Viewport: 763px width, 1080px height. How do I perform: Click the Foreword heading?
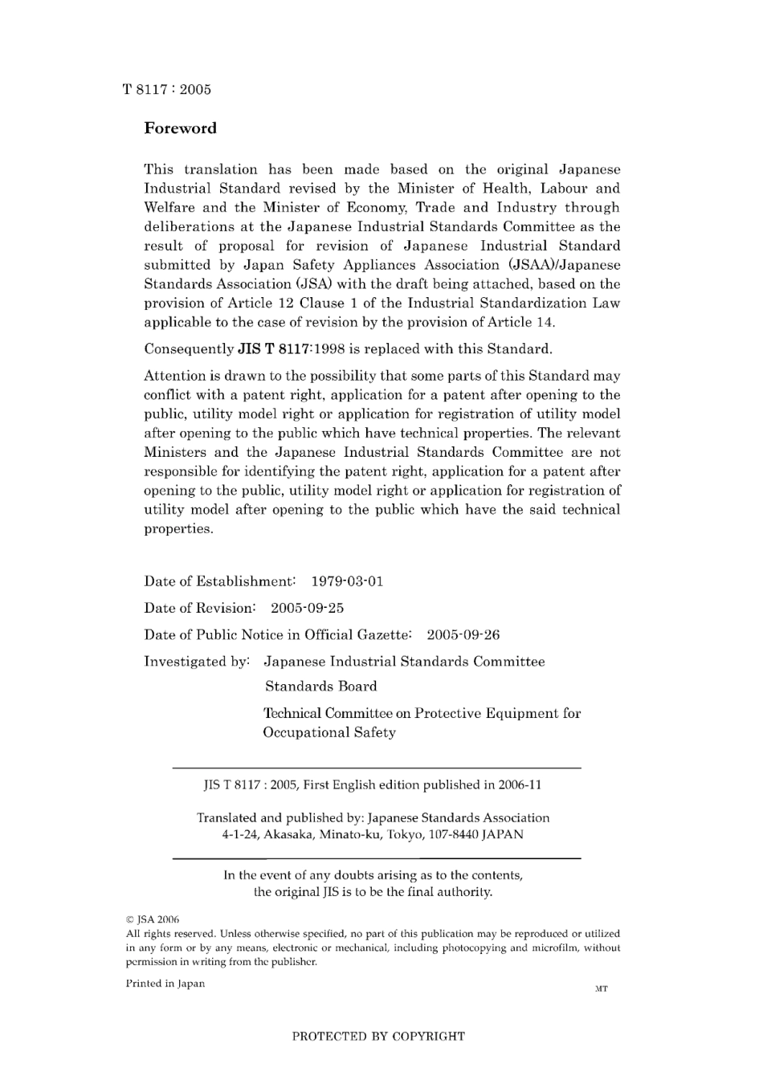click(x=180, y=128)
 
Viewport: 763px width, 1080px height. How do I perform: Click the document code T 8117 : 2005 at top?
click(x=167, y=89)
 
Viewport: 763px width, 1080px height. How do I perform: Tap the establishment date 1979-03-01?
click(x=347, y=581)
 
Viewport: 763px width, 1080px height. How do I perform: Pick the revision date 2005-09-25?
click(x=307, y=608)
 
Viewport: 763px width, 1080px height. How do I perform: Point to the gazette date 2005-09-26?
click(x=463, y=635)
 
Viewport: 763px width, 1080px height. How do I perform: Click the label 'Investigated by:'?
click(x=197, y=662)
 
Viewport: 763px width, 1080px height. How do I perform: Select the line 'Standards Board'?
click(x=320, y=687)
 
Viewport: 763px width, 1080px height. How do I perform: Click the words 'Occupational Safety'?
click(x=329, y=732)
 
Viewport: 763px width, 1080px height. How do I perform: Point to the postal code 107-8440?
click(x=455, y=834)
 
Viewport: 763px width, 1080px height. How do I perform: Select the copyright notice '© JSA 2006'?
click(x=153, y=919)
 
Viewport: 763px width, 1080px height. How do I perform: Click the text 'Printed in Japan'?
click(x=165, y=984)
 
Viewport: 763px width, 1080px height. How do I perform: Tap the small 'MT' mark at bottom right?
click(x=601, y=988)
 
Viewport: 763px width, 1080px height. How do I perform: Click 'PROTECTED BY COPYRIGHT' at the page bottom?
click(x=378, y=1036)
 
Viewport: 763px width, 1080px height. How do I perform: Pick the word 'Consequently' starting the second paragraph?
click(x=189, y=349)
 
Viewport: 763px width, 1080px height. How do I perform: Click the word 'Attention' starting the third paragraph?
click(x=176, y=376)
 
